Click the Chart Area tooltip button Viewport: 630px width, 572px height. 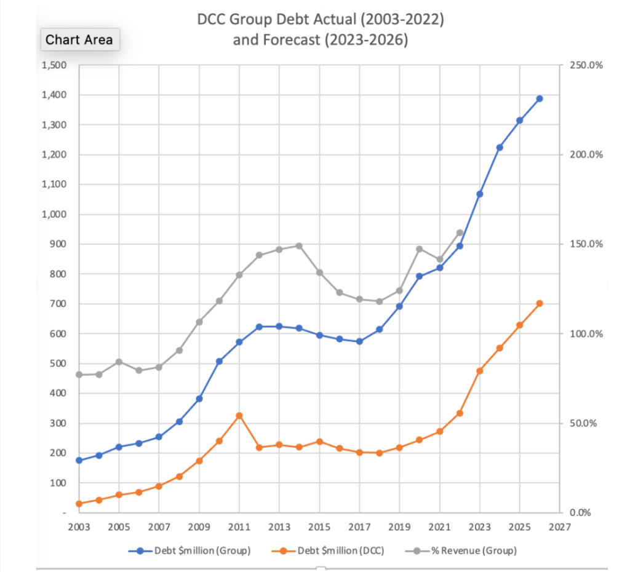(x=79, y=40)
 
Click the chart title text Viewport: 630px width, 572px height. (x=320, y=30)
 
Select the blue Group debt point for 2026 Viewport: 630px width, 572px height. (x=540, y=98)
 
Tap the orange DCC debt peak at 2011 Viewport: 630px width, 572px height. (x=239, y=416)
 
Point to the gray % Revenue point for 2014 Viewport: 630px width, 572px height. (x=299, y=246)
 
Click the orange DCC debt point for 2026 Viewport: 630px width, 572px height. (x=540, y=303)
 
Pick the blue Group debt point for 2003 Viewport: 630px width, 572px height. (x=79, y=460)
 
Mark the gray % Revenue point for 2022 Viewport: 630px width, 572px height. (x=460, y=232)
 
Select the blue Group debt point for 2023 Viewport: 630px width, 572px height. (x=479, y=194)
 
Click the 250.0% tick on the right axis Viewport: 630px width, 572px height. (x=586, y=66)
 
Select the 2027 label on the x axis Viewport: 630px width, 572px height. (x=559, y=527)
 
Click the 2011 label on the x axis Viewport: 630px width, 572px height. (x=239, y=527)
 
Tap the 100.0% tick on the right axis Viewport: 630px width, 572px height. (x=586, y=334)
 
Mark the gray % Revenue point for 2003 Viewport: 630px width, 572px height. (x=79, y=375)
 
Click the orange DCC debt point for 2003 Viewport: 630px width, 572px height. (x=79, y=504)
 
